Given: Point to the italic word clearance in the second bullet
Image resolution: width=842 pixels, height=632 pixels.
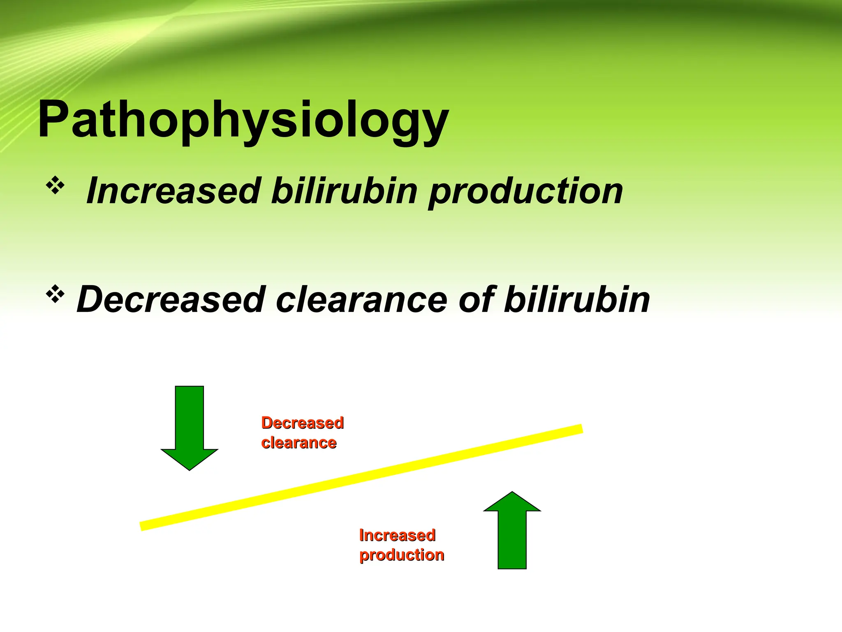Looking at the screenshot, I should pos(361,300).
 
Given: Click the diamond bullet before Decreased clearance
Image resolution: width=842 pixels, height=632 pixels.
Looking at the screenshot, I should pos(55,294).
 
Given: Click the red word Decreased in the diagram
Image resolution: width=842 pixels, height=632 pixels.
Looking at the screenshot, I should pos(302,423).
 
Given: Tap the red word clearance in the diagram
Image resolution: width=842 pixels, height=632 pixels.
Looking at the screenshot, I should pos(299,443).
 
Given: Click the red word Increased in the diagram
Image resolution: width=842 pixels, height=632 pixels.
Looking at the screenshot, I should pos(397,535).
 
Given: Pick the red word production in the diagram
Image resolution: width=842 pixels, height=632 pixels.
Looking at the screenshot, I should pos(402,555).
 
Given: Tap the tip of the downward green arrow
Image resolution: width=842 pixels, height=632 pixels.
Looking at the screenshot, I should pos(190,469).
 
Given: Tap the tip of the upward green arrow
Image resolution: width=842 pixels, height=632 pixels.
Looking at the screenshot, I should pos(512,493).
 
